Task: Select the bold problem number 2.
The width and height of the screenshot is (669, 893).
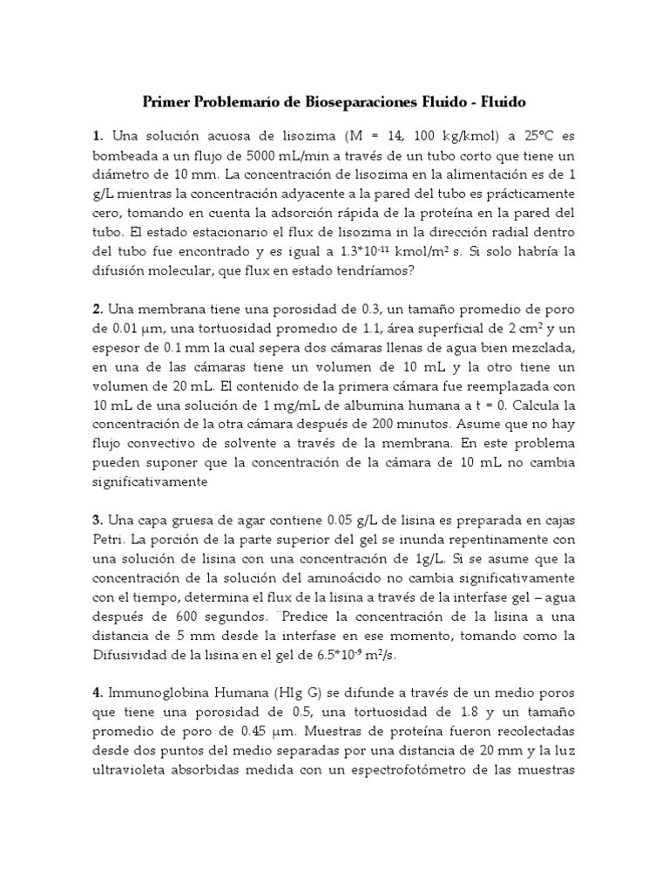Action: pos(98,310)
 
